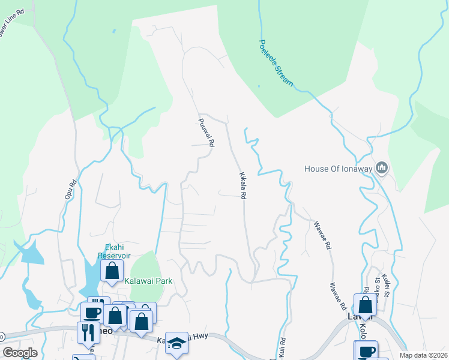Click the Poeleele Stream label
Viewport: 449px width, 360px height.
click(276, 63)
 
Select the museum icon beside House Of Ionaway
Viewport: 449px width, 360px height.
click(381, 167)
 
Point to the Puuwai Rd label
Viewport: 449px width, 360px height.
click(206, 133)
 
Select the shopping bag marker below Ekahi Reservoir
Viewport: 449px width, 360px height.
click(112, 271)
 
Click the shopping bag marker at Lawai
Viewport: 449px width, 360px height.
click(365, 304)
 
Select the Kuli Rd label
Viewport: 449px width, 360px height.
click(282, 347)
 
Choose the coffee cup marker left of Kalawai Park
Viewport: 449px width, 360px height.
click(92, 313)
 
